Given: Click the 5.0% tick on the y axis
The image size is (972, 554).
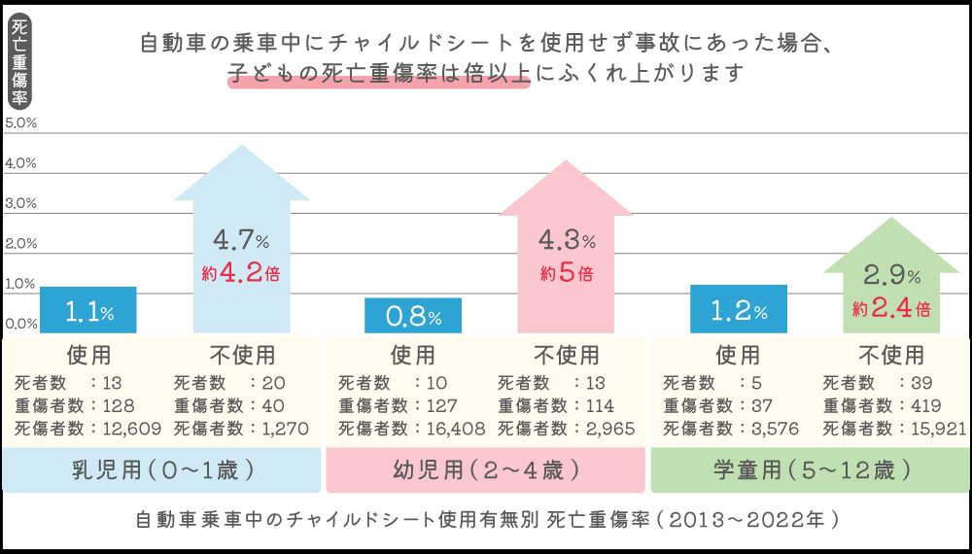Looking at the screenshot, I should [20, 123].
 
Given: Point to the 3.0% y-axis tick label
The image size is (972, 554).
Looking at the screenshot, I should [20, 204].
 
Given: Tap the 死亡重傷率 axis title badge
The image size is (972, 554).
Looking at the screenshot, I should [18, 62].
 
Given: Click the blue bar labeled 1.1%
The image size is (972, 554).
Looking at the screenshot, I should [89, 311].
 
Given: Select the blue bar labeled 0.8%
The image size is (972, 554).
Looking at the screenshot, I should [413, 316].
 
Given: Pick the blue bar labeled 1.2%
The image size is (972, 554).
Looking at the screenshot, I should [739, 310].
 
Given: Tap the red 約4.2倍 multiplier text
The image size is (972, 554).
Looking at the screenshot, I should [240, 273].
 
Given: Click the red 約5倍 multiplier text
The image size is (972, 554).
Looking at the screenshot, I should [567, 273].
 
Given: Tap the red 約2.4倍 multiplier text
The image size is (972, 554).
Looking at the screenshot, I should [891, 309].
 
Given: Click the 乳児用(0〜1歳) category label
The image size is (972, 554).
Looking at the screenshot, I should [163, 471].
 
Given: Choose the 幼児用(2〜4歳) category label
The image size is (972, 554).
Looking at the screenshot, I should [486, 471].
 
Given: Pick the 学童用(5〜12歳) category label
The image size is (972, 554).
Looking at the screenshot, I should [812, 471].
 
